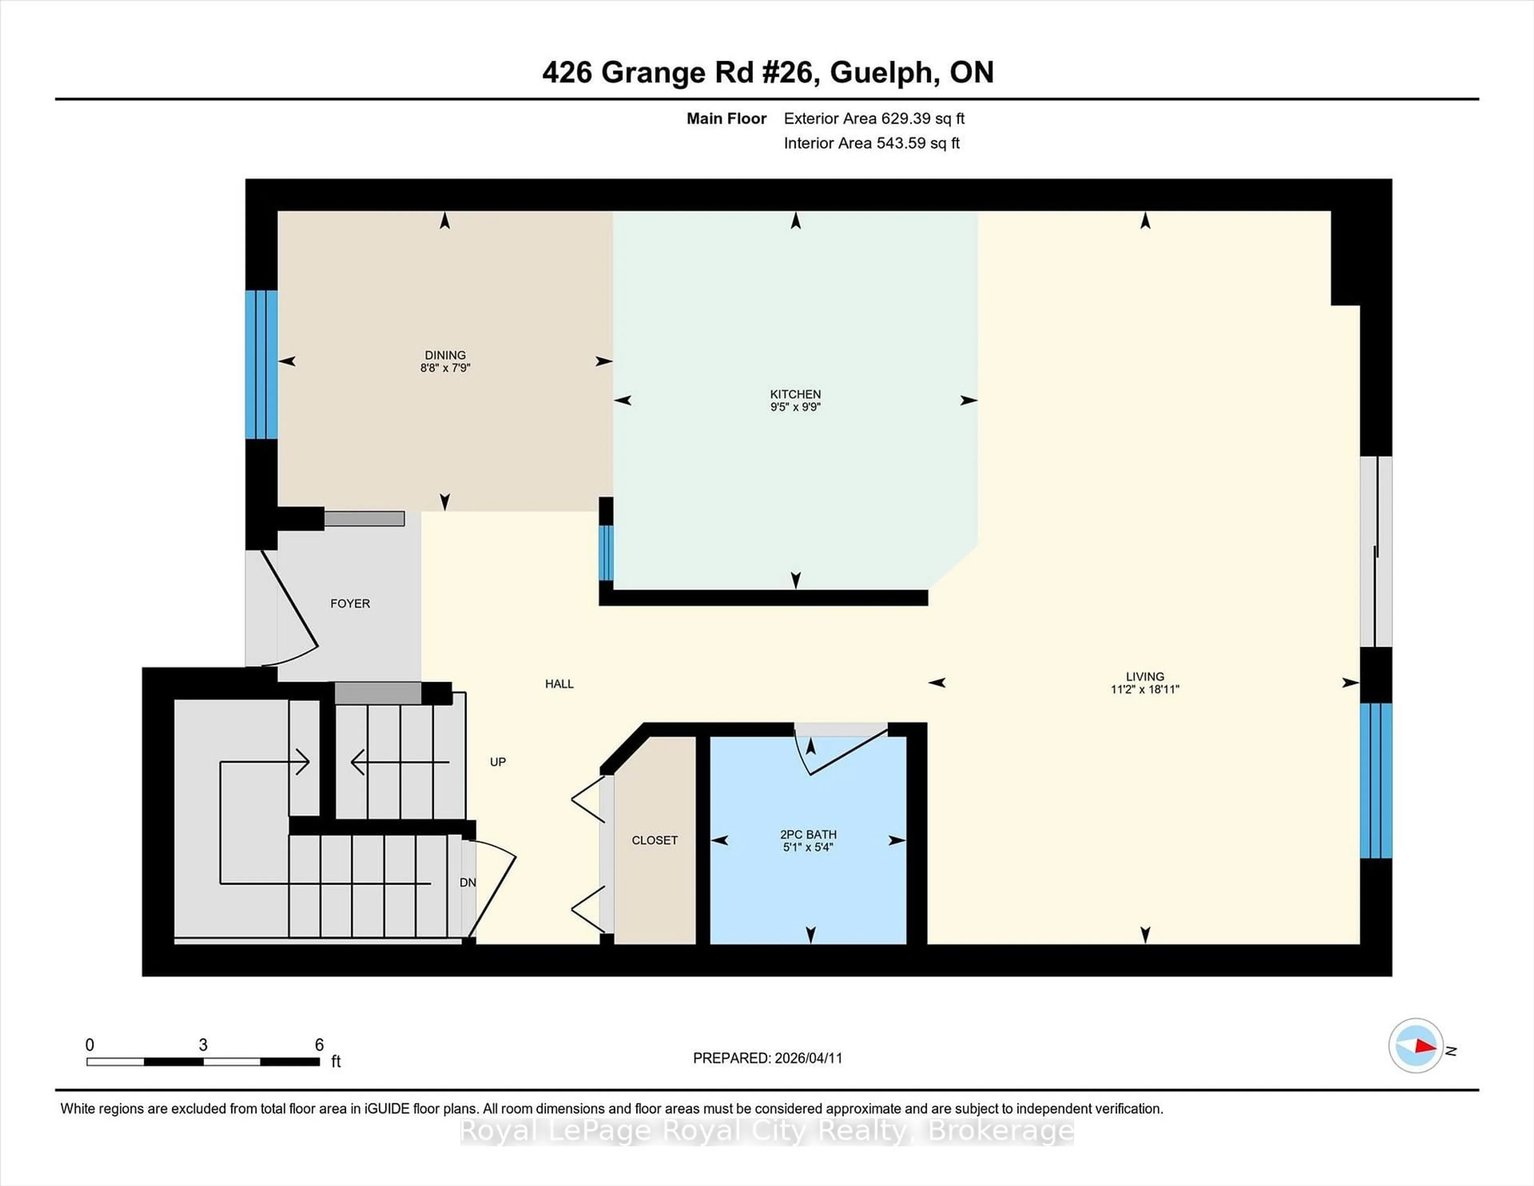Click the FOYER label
[x=350, y=603]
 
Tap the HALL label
[x=559, y=684]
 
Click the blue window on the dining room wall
[x=261, y=365]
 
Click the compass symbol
[x=1415, y=1045]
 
